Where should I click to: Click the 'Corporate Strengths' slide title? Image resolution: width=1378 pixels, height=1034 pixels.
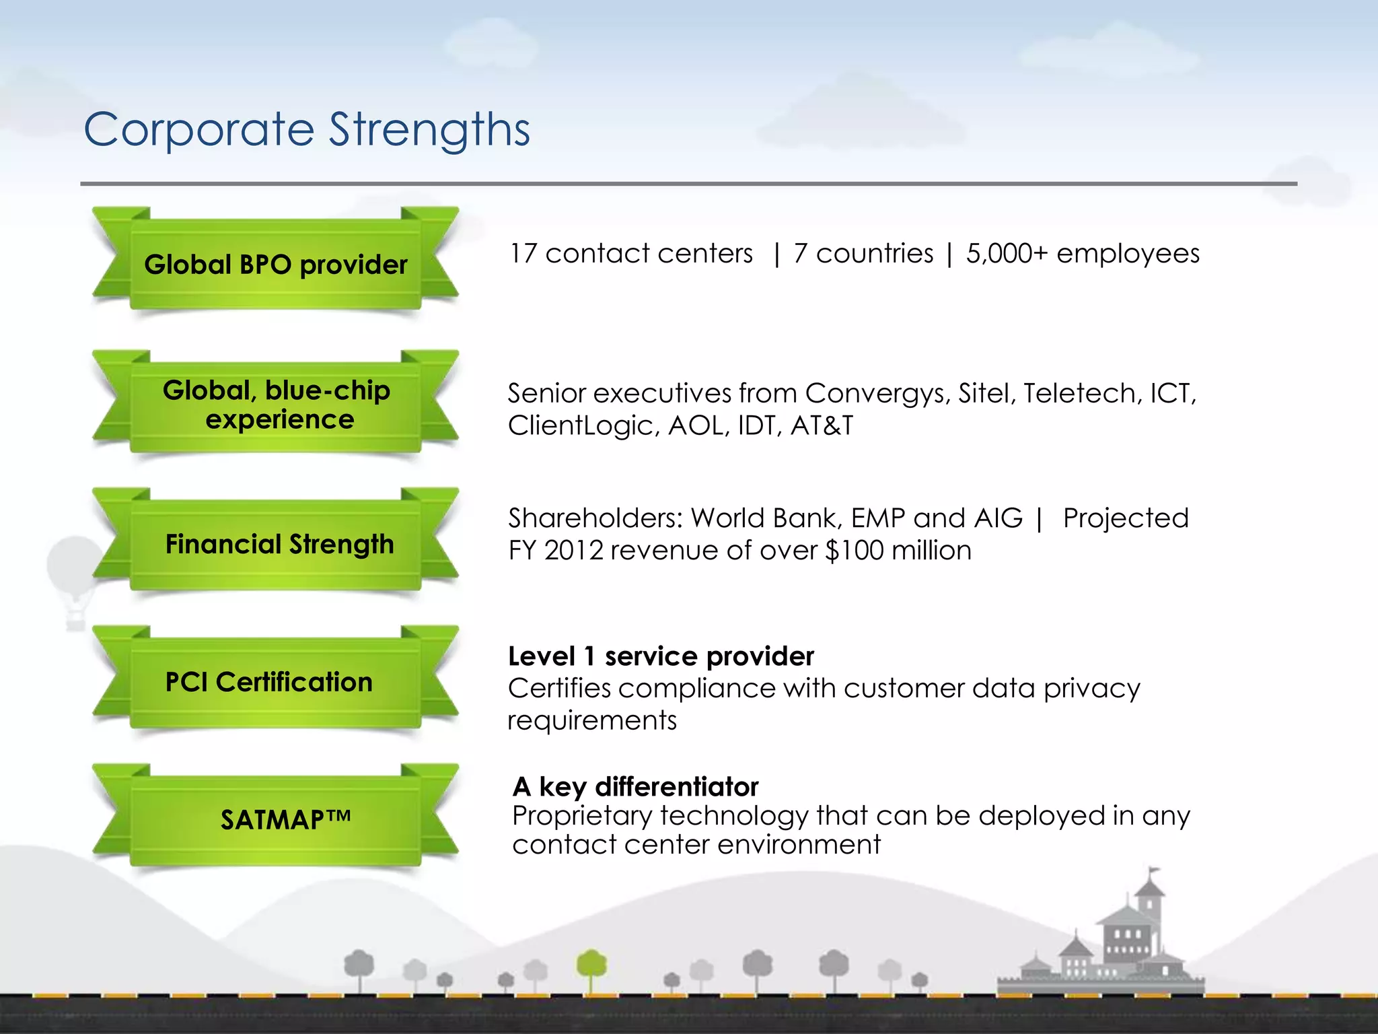pos(307,129)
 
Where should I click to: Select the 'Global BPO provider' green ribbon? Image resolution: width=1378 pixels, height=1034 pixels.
pos(276,265)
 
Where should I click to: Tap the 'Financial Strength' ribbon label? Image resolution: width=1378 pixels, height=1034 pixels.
pos(279,544)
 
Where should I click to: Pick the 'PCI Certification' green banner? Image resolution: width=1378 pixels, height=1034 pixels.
pos(269,682)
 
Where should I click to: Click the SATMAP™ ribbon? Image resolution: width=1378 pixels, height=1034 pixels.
pos(285,820)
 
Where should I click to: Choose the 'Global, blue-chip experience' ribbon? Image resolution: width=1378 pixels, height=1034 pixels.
pos(277,405)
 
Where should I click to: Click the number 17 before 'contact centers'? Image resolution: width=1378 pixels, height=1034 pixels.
pos(523,254)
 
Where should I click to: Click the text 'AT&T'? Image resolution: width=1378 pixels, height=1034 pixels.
pos(822,425)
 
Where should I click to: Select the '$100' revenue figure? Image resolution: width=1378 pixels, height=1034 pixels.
pos(854,551)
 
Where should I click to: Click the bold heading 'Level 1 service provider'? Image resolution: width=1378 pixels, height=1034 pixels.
pos(661,656)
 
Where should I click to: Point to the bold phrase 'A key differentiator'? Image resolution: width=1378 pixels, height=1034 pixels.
pos(635,786)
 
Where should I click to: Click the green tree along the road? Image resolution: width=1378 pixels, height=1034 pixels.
pos(591,967)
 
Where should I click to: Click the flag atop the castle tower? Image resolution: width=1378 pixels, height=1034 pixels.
pos(1154,871)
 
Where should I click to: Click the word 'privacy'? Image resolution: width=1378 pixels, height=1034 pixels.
pos(1092,689)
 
